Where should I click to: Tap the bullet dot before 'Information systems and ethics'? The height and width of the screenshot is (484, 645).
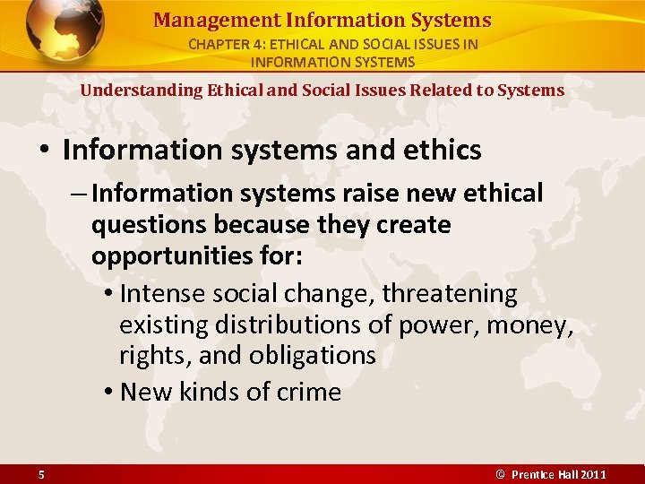(45, 151)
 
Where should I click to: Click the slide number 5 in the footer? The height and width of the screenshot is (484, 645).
(42, 475)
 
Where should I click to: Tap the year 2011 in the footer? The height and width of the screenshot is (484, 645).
(592, 475)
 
